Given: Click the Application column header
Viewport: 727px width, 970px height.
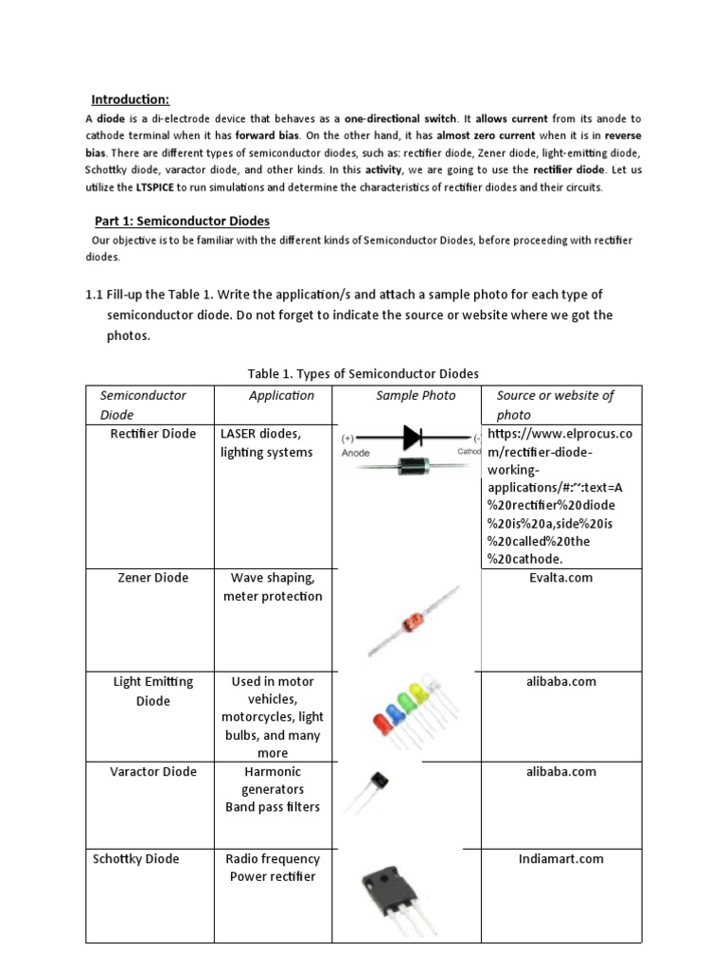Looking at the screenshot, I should tap(281, 396).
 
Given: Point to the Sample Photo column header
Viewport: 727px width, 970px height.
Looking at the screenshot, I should tap(416, 396).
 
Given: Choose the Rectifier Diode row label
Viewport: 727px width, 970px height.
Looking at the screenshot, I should tap(153, 434).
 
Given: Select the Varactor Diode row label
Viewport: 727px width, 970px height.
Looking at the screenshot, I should tap(153, 772).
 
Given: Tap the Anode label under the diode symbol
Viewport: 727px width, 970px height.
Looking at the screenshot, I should tap(356, 453).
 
